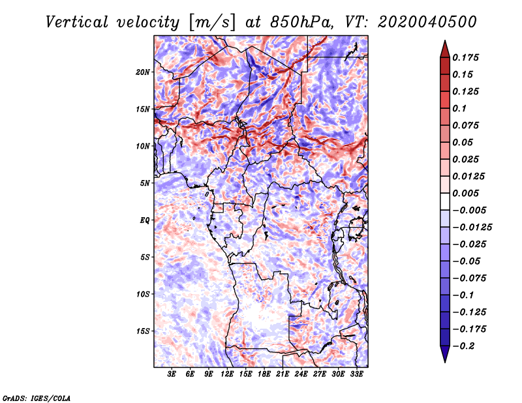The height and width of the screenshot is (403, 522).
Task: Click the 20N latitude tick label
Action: pos(142,72)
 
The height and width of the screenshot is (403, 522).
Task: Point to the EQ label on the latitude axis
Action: pos(144,220)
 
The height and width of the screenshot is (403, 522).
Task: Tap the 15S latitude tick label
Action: pos(143,331)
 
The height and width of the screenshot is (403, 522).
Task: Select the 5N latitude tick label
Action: pos(145,183)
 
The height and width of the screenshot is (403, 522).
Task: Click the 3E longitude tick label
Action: pos(172,374)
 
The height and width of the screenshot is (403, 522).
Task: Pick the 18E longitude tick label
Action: pos(264,374)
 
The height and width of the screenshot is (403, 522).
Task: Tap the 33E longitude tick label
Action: pos(356,374)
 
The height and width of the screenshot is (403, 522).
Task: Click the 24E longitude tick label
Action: pos(301,374)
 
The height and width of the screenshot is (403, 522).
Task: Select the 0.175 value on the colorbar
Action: pos(465,57)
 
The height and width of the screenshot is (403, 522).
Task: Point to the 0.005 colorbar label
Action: pos(465,193)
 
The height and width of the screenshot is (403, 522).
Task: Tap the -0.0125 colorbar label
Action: pos(472,228)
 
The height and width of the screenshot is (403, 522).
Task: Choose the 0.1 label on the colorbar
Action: pos(459,108)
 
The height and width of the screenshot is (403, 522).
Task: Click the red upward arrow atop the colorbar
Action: pos(445,49)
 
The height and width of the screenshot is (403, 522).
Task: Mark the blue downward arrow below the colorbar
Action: pos(445,354)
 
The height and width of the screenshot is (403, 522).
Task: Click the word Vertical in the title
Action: pos(77,22)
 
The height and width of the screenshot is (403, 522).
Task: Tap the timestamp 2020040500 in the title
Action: pos(427,22)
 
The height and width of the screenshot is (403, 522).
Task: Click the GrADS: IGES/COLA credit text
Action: pos(37,398)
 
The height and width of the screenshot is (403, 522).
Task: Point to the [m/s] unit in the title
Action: pos(212,23)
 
